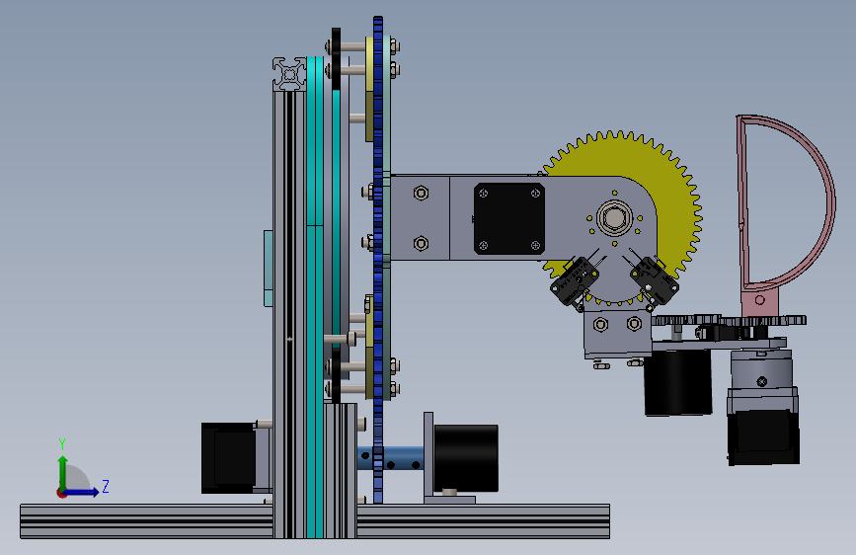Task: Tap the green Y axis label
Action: tap(62, 443)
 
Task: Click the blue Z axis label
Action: tap(106, 486)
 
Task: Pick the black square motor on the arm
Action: tap(509, 218)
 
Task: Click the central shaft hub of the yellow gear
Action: tap(615, 218)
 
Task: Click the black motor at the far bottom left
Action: tap(228, 458)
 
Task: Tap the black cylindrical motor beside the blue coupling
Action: tap(466, 458)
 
